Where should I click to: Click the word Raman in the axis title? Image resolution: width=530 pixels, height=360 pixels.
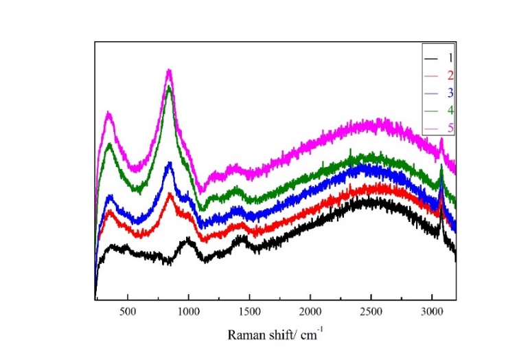tap(244, 336)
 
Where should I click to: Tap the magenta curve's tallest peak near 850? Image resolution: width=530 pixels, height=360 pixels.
tap(169, 70)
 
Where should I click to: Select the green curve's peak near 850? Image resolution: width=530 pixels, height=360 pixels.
tap(169, 87)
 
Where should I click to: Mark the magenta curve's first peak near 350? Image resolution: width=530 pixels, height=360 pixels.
tap(108, 113)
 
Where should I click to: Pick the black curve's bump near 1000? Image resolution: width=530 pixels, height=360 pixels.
tap(188, 240)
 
